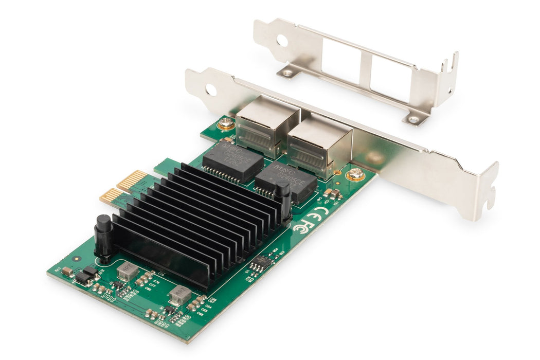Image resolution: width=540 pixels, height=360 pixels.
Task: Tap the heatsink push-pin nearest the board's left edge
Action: pos(103,236)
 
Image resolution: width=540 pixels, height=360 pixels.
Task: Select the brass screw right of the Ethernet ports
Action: pos(355,175)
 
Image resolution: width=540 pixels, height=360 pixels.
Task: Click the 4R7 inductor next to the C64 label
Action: pos(180,295)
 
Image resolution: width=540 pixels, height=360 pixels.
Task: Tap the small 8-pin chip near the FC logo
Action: pos(261,262)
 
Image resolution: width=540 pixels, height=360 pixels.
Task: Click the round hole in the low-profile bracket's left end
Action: pos(282,40)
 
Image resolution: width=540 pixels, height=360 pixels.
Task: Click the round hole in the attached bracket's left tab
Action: pos(211,89)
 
